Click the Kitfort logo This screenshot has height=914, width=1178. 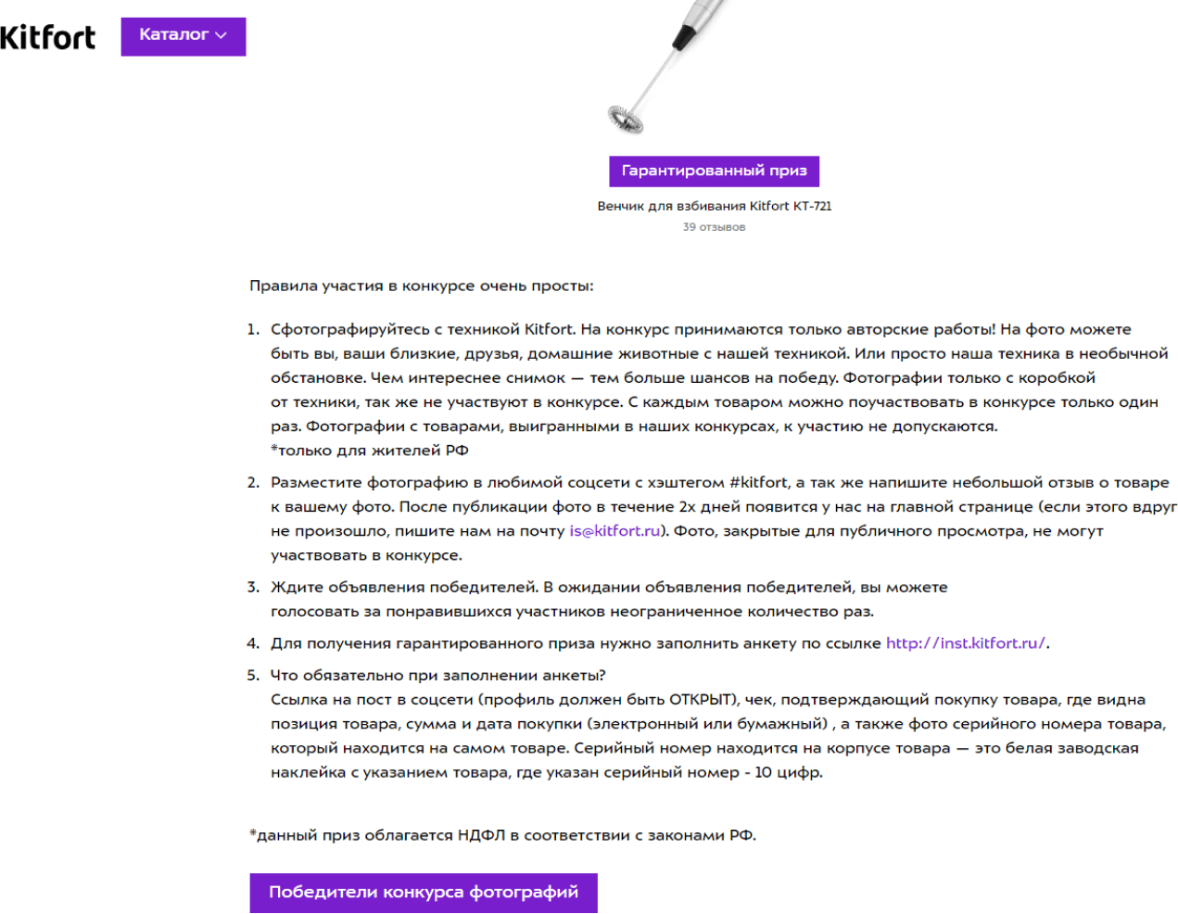47,37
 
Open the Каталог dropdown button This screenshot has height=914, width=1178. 183,36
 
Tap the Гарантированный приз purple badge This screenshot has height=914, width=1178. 714,171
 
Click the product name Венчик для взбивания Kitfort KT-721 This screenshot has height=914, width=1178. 714,206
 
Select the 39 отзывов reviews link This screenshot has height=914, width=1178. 714,227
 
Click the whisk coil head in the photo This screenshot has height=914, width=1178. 626,118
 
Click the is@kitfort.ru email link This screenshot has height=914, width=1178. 614,531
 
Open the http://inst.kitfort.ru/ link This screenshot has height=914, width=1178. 965,643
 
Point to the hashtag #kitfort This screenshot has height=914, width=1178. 758,482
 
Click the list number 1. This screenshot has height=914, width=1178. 252,330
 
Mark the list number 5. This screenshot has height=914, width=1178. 252,676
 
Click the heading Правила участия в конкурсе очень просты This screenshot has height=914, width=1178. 421,286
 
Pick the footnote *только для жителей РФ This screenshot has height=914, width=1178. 369,451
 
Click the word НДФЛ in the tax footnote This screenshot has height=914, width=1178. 481,835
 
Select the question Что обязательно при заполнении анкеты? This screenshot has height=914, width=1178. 437,676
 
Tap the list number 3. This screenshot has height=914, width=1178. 252,588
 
